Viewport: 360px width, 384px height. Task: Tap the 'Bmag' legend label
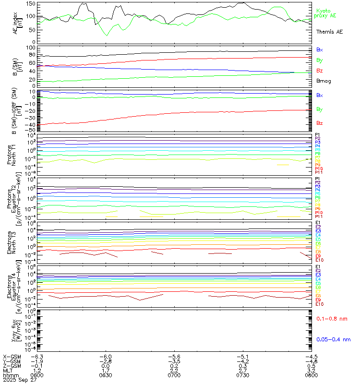pos(323,81)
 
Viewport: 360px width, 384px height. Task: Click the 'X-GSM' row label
pos(12,357)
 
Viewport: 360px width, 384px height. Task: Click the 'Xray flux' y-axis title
pos(12,331)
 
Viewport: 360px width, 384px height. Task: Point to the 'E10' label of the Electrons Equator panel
pos(319,304)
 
